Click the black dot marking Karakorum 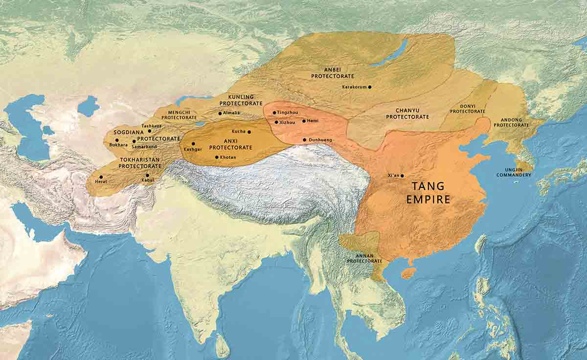tap(370, 87)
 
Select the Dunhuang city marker tap(304, 140)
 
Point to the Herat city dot tap(101, 177)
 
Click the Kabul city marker tap(147, 175)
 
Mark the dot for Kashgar tap(193, 144)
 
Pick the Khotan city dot tap(217, 157)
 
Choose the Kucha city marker tap(249, 132)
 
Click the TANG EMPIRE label tap(428, 193)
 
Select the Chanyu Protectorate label tap(407, 113)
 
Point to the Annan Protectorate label tap(364, 258)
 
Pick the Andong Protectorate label tap(511, 122)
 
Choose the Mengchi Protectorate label tap(179, 114)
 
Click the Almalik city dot tap(220, 113)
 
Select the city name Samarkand tap(144, 147)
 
